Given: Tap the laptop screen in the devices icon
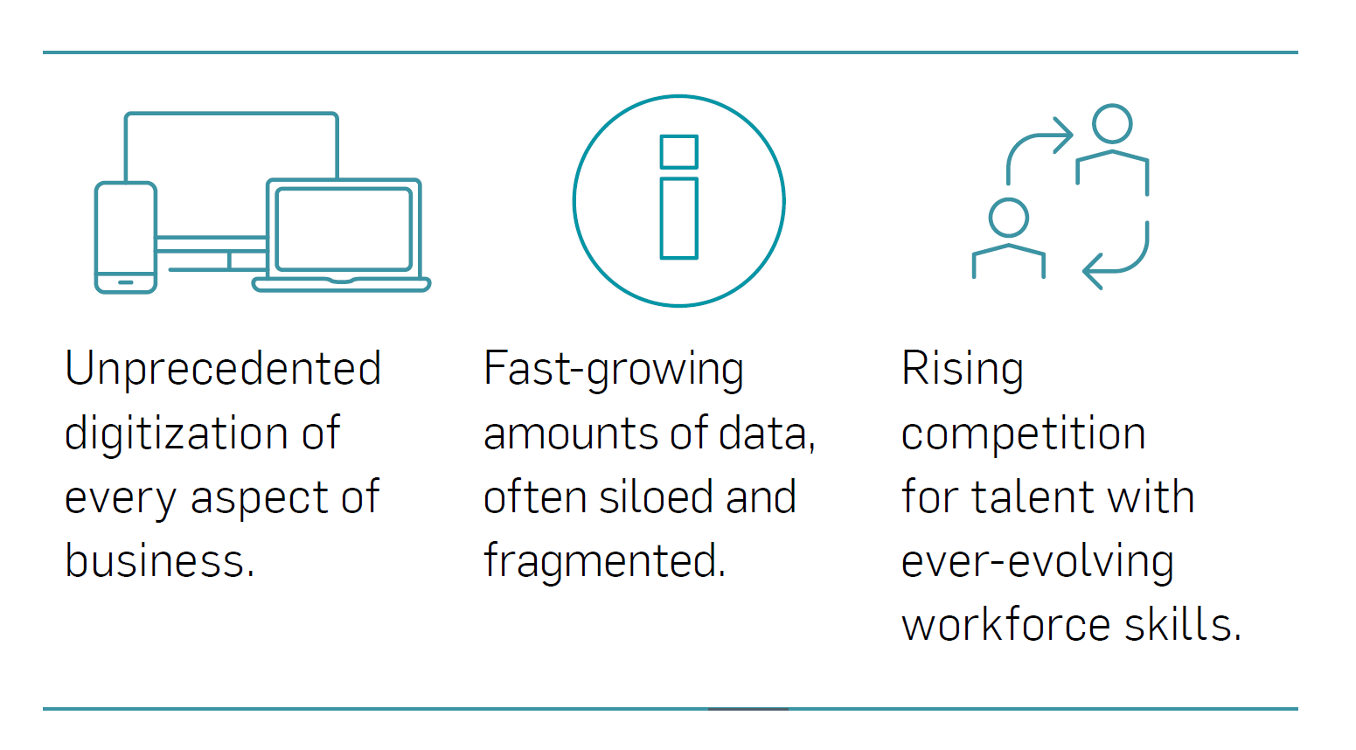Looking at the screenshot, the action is [344, 229].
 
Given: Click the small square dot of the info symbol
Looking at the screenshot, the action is [678, 151].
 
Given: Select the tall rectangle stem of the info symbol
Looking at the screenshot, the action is [678, 218].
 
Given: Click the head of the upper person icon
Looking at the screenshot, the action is [1112, 124].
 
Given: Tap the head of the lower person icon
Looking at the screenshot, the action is [1009, 218].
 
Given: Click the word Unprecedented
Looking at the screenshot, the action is [223, 368].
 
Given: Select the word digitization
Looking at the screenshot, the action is [176, 433].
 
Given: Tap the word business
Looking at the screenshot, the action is [160, 560].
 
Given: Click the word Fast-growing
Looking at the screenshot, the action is [613, 368].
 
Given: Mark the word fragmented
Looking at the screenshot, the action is [604, 560].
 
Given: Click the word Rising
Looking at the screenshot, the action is [962, 368].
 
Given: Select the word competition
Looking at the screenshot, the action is [1023, 433].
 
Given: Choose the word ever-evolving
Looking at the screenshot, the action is [1038, 561].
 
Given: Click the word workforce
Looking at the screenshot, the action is [1006, 624].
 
